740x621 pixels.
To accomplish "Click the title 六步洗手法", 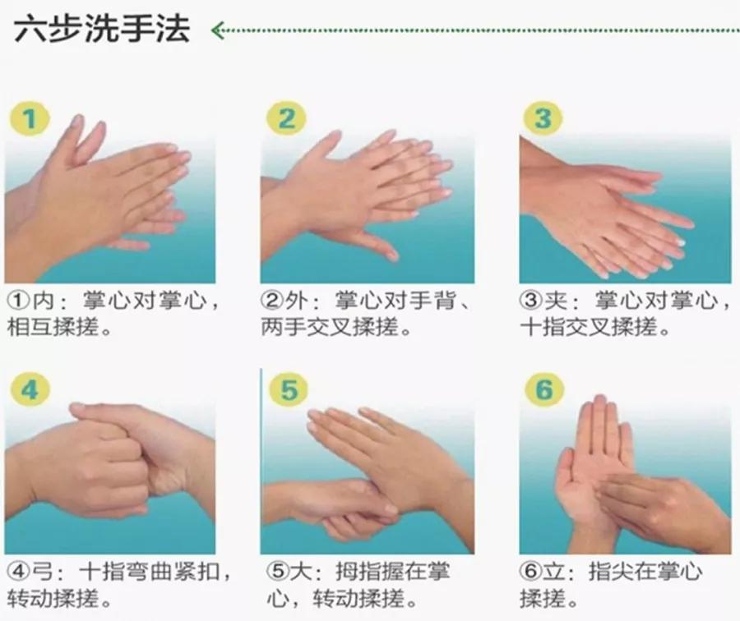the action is [102, 29].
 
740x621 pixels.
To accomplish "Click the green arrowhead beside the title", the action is [218, 30].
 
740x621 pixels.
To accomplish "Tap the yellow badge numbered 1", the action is [30, 118].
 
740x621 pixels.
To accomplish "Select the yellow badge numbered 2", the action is [286, 118].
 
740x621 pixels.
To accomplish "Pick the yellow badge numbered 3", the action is [543, 118].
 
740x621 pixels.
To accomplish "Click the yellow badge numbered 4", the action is [30, 389].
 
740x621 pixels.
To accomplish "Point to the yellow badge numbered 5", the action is [289, 389].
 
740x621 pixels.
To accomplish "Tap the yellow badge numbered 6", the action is [544, 389].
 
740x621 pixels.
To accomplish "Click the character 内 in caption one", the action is [43, 301].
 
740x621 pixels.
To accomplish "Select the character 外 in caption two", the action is [296, 301].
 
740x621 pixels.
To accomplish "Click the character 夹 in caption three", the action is [556, 301].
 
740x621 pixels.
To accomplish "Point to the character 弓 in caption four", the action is [42, 572].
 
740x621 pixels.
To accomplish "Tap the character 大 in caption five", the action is [299, 572].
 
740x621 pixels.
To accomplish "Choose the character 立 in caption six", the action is [554, 572].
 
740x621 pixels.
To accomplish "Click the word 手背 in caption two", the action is [432, 301].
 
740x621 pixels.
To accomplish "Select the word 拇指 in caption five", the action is [358, 572].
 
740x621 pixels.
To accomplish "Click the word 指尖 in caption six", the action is [612, 572].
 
